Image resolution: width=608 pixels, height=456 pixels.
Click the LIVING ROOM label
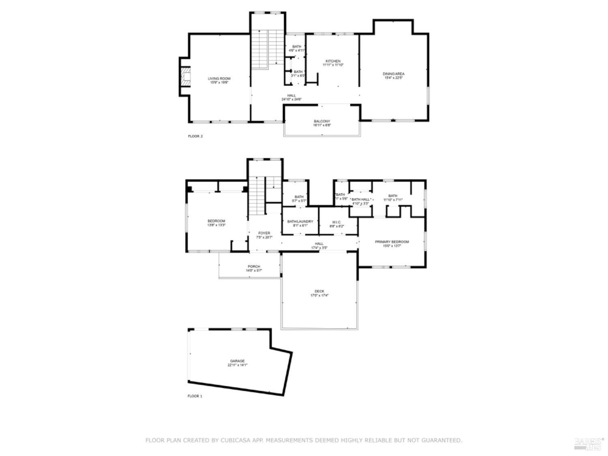pos(219,79)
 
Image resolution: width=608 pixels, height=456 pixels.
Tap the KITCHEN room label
pos(333,61)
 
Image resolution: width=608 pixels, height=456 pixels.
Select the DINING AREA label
pos(394,74)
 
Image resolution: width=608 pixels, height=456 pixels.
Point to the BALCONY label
pos(322,121)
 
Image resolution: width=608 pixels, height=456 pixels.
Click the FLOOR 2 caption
pos(195,136)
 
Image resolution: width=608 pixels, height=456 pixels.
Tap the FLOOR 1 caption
pos(195,396)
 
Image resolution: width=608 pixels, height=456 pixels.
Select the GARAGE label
pos(237,361)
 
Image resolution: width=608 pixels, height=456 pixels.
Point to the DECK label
pos(319,291)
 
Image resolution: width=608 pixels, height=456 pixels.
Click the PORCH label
pos(254,266)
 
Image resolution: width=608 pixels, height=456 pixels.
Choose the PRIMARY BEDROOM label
pos(392,242)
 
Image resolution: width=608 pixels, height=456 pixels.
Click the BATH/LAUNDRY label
pos(300,221)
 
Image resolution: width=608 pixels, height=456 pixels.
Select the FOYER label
pos(264,233)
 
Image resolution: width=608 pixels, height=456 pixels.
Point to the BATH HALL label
pos(361,199)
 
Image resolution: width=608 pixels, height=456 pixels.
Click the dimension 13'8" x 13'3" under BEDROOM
pos(216,225)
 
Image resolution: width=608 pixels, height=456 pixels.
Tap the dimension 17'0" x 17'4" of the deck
pos(319,295)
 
